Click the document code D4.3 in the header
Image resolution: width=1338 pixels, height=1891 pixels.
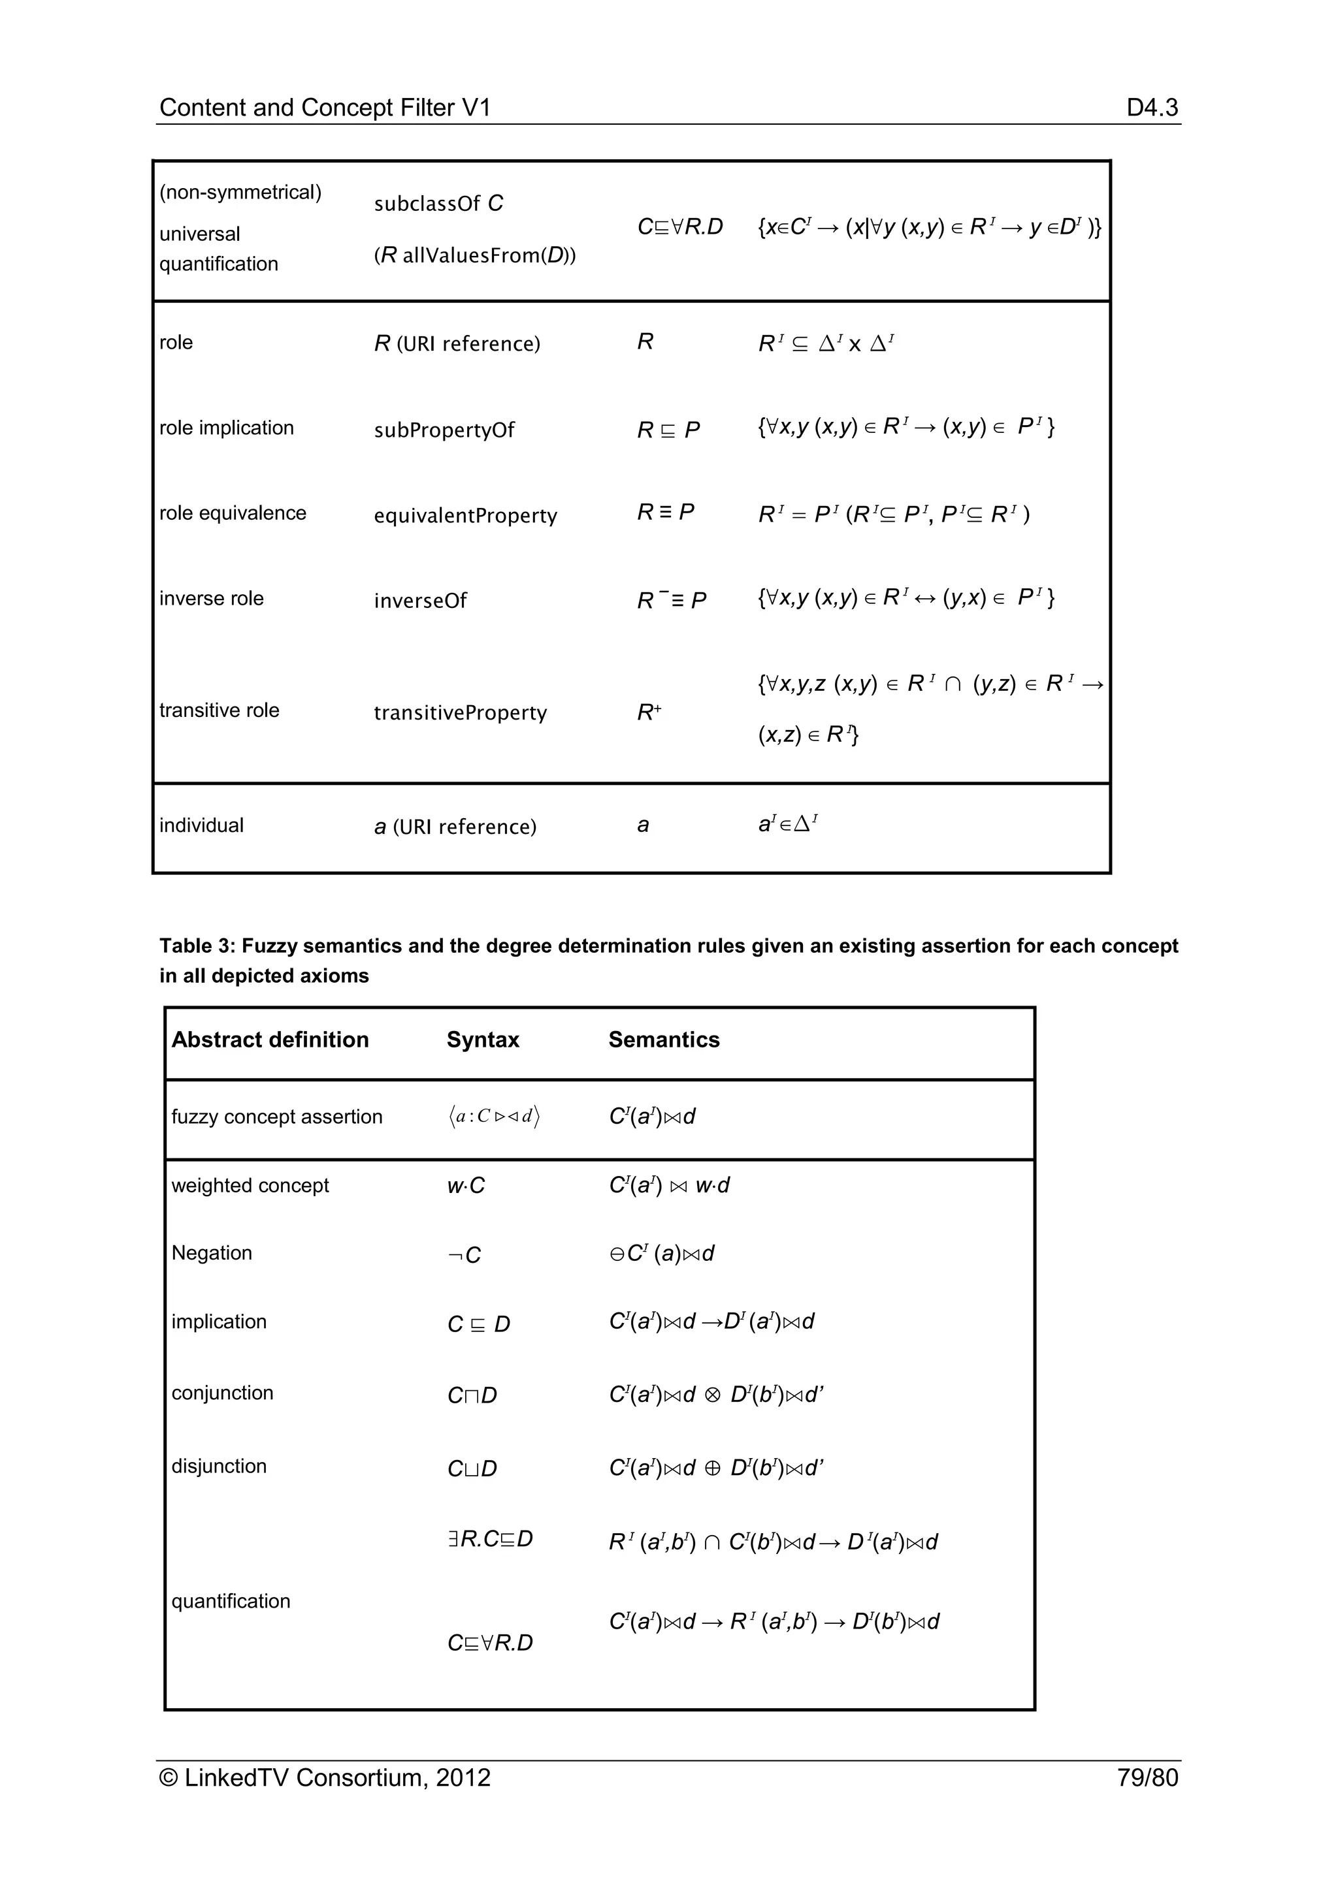(1152, 107)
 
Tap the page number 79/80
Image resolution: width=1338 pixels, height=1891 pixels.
(1147, 1777)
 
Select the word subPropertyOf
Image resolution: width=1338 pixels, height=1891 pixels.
(444, 430)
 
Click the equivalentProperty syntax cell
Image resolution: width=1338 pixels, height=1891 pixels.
(466, 516)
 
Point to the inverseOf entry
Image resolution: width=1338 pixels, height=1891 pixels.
(420, 601)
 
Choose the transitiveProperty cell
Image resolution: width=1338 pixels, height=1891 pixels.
(460, 712)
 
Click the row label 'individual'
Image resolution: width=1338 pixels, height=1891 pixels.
(201, 825)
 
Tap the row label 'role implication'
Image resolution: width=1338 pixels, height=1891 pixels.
(227, 428)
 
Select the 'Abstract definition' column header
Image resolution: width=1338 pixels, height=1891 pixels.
(270, 1040)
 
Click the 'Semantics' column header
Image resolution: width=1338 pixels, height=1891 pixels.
(664, 1040)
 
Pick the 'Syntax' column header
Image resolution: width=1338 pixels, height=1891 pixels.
(483, 1040)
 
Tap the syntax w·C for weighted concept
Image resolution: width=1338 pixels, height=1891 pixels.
(466, 1186)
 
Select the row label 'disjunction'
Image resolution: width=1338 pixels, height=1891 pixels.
(219, 1466)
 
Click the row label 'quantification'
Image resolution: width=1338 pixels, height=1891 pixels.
(231, 1601)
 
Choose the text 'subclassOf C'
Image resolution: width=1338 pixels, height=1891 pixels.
(438, 204)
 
